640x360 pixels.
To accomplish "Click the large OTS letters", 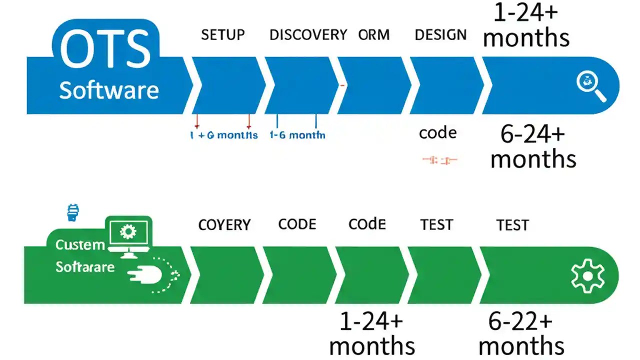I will [105, 50].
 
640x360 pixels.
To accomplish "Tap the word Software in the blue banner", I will [109, 90].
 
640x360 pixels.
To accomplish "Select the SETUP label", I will [223, 35].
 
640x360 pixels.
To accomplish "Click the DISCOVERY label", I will [308, 35].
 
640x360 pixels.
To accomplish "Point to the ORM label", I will [374, 35].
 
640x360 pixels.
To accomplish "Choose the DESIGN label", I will [440, 35].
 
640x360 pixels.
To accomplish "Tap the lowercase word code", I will [437, 133].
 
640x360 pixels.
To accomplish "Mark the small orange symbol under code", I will [439, 160].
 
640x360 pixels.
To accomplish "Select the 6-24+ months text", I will [533, 146].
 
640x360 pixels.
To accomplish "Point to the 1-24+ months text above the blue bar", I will [526, 25].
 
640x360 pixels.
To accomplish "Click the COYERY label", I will [224, 225].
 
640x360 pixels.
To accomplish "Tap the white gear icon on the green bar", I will [587, 276].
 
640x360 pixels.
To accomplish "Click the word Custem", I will [80, 245].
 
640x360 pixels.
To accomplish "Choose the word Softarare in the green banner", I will [85, 267].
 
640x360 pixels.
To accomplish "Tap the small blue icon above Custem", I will [73, 212].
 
